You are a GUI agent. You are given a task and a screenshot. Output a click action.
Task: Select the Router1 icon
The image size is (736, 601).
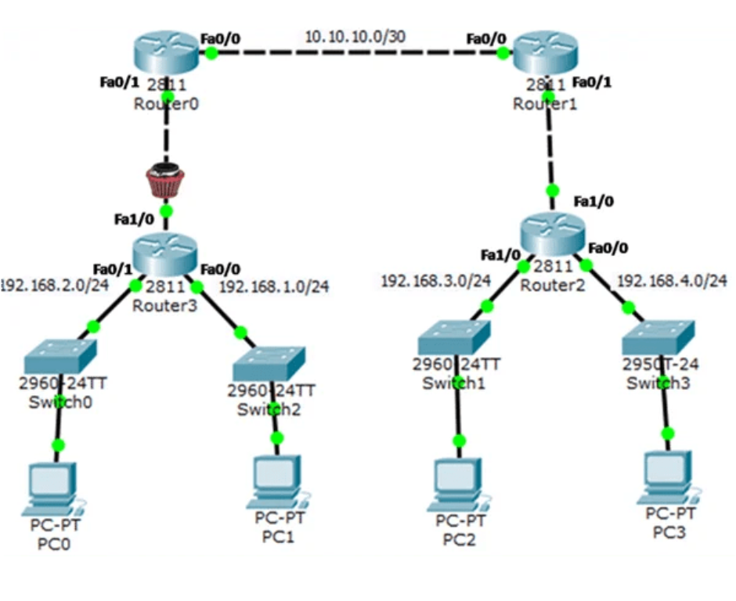[x=547, y=52]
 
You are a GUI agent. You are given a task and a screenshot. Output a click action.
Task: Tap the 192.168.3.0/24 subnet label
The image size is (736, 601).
[x=435, y=280]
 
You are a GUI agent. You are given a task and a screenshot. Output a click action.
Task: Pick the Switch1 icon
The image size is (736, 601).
[x=454, y=336]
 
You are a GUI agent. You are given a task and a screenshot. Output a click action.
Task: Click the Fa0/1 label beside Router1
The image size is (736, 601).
[x=593, y=81]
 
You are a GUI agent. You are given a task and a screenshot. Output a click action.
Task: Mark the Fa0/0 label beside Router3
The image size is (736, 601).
[x=221, y=268]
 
